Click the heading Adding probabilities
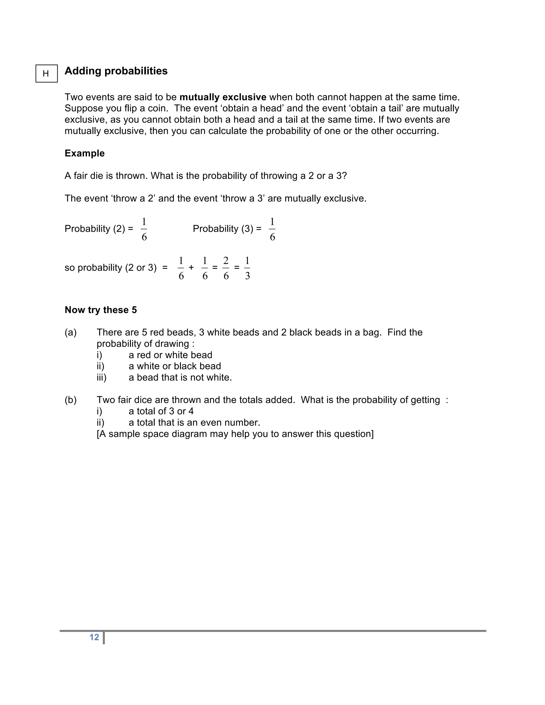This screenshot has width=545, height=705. pyautogui.click(x=116, y=71)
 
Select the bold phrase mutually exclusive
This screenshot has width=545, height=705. pyautogui.click(x=223, y=97)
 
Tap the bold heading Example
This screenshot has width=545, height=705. pyautogui.click(x=85, y=153)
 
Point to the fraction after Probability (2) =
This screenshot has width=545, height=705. pyautogui.click(x=144, y=229)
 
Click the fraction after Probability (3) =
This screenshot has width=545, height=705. pyautogui.click(x=272, y=229)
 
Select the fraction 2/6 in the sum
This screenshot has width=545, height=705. pyautogui.click(x=226, y=268)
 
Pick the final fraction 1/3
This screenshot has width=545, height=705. pyautogui.click(x=247, y=268)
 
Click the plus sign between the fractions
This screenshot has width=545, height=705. pyautogui.click(x=191, y=268)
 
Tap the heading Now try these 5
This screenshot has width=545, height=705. pyautogui.click(x=101, y=310)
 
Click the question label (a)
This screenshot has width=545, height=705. pyautogui.click(x=71, y=333)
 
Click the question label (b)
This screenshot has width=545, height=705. pyautogui.click(x=71, y=400)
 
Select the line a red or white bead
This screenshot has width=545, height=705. pyautogui.click(x=170, y=355)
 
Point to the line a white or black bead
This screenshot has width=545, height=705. pyautogui.click(x=175, y=366)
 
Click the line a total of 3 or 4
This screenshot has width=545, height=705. pyautogui.click(x=161, y=411)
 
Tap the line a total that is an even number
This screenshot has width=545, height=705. pyautogui.click(x=194, y=422)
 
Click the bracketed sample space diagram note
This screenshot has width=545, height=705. pyautogui.click(x=235, y=434)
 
